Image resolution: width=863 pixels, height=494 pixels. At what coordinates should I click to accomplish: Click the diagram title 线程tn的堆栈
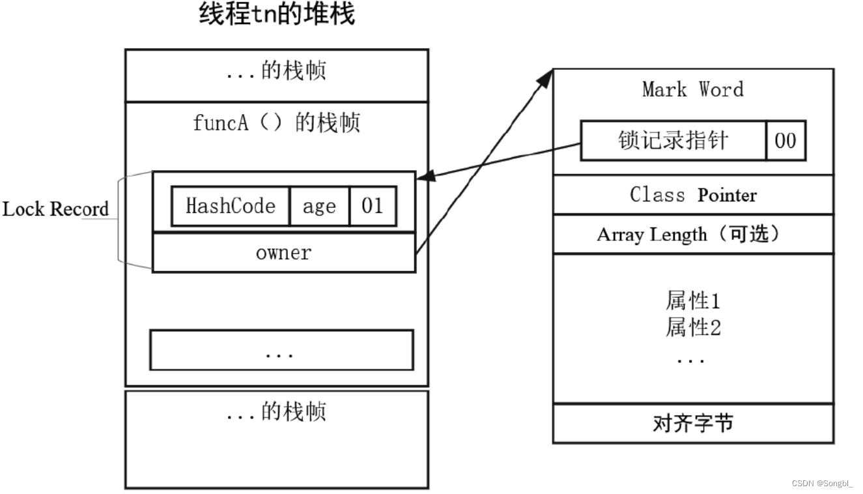[277, 14]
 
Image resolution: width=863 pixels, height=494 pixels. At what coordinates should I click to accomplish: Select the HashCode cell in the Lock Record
[230, 207]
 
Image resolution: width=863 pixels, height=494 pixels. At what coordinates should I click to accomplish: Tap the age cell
[319, 207]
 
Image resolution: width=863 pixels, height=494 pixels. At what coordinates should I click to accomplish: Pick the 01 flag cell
[373, 207]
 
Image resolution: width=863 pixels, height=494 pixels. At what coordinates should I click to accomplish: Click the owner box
[283, 253]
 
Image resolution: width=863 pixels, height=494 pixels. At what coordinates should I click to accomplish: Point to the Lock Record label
[55, 209]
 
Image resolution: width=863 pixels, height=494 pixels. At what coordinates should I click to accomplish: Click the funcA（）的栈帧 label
[276, 123]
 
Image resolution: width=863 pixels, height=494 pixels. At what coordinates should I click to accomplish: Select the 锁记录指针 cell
[673, 140]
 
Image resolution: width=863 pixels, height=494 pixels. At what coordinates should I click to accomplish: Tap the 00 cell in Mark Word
[785, 140]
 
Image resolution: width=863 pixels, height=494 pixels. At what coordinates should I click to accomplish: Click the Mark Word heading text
[692, 89]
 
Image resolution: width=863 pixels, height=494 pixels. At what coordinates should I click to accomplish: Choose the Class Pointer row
[693, 195]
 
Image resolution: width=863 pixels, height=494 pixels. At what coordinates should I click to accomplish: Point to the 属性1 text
[693, 301]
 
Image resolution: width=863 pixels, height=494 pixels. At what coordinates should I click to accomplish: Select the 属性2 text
[693, 327]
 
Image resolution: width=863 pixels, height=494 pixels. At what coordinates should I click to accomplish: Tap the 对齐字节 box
[693, 424]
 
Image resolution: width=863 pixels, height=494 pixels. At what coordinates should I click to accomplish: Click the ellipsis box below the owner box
[281, 350]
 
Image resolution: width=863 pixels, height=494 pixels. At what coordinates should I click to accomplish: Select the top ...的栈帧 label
[276, 71]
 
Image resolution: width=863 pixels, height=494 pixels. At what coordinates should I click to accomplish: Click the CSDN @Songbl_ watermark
[822, 483]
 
